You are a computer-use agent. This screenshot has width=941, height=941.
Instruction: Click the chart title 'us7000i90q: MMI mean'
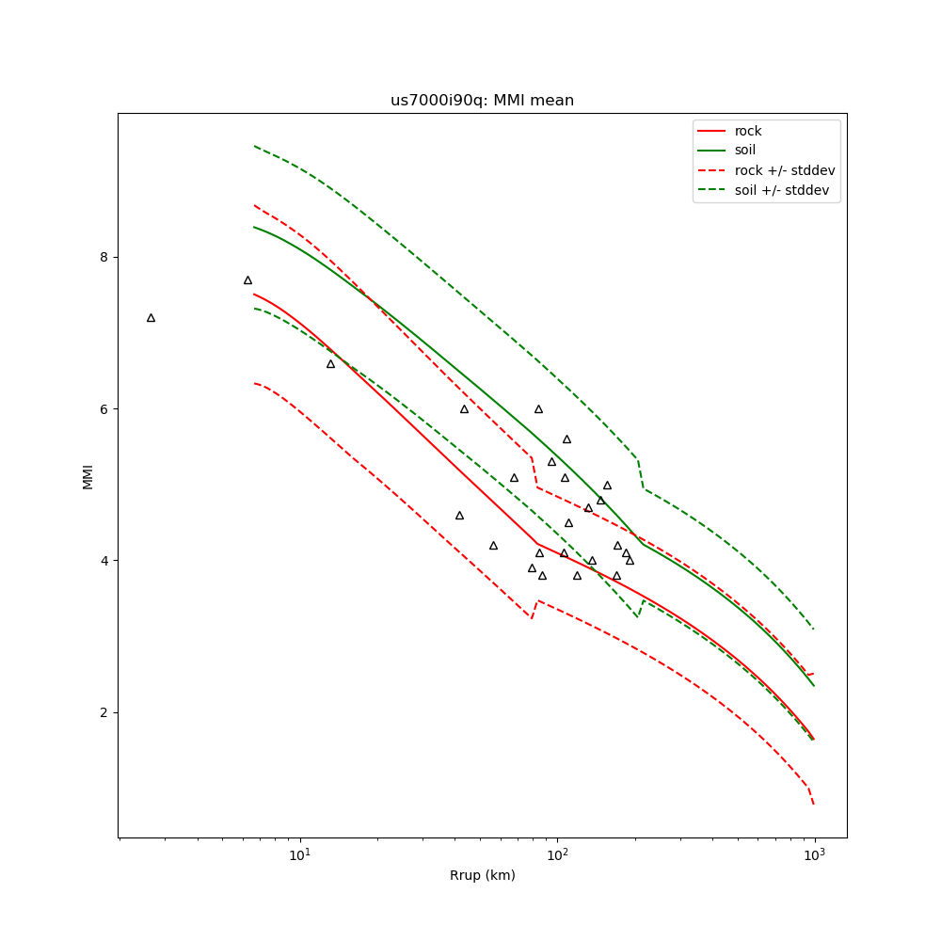pos(482,101)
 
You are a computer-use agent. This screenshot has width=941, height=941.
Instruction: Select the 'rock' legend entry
pos(748,131)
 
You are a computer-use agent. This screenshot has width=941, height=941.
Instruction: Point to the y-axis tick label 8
pos(104,258)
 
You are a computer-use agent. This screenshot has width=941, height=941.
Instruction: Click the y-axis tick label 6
pos(104,409)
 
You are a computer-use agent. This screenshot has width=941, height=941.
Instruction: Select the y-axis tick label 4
pos(104,561)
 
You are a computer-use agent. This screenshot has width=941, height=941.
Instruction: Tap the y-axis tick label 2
pos(104,712)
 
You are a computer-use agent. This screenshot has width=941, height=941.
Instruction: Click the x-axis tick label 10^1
pos(299,854)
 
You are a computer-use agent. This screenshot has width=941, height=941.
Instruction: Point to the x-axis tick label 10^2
pos(557,854)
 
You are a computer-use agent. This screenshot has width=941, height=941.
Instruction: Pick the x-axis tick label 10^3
pos(814,854)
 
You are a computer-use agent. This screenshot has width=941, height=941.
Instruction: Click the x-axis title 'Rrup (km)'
pos(482,876)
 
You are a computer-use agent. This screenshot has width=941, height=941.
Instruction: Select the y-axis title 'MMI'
pos(88,475)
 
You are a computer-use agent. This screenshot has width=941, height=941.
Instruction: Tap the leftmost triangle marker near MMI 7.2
pos(151,318)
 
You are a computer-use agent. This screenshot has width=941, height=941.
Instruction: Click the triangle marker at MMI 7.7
pos(247,280)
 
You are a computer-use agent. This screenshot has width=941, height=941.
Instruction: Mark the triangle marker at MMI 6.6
pos(330,364)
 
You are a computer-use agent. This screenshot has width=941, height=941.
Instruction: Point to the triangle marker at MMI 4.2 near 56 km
pos(493,546)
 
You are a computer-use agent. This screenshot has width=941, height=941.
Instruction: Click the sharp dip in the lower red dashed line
pos(532,617)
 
